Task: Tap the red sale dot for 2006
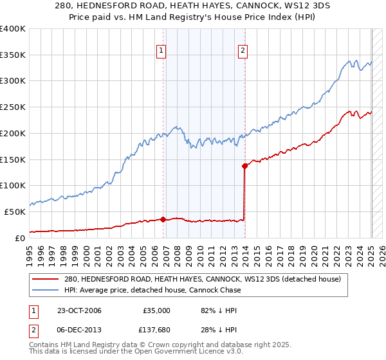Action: pyautogui.click(x=163, y=219)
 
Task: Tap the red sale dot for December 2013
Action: pyautogui.click(x=244, y=166)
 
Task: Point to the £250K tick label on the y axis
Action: pyautogui.click(x=13, y=107)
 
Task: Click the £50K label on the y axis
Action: pyautogui.click(x=15, y=212)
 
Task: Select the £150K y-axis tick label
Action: pyautogui.click(x=13, y=159)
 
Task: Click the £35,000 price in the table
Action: pyautogui.click(x=156, y=310)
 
